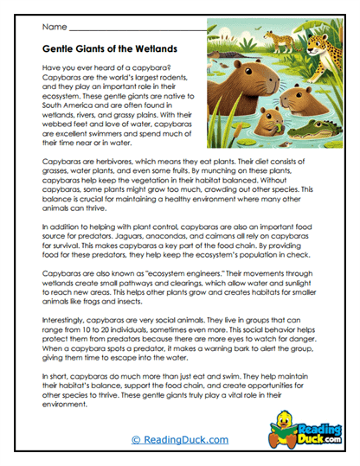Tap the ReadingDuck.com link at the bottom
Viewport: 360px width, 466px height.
point(179,440)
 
